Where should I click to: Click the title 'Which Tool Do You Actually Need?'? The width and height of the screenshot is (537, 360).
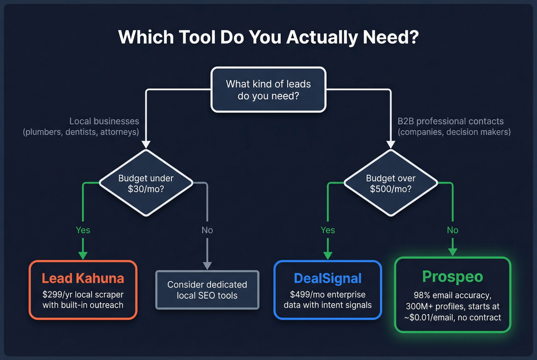268,38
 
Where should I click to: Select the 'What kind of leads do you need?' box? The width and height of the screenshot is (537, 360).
268,90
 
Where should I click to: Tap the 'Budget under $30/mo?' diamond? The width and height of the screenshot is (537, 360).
146,183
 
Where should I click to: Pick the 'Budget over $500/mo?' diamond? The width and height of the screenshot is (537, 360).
390,183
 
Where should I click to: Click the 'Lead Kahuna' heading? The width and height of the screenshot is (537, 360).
83,278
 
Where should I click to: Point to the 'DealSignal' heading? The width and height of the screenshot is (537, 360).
328,278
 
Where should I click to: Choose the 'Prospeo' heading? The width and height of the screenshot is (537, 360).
453,277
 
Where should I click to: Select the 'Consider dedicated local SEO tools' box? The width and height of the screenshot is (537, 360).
207,290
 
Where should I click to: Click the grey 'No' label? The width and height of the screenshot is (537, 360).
207,230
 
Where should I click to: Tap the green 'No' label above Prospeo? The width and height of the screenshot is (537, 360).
453,230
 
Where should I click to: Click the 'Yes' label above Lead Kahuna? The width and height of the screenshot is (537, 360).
83,230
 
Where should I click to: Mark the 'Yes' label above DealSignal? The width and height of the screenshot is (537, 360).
328,230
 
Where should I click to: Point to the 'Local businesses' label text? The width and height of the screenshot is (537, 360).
104,121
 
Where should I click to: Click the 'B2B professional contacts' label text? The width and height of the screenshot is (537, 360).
450,121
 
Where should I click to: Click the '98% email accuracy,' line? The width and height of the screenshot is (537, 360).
453,295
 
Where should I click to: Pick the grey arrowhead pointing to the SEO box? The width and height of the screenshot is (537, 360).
207,266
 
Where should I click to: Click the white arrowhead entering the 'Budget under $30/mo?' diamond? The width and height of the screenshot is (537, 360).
146,145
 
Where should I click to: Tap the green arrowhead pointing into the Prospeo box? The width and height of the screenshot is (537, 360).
453,252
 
